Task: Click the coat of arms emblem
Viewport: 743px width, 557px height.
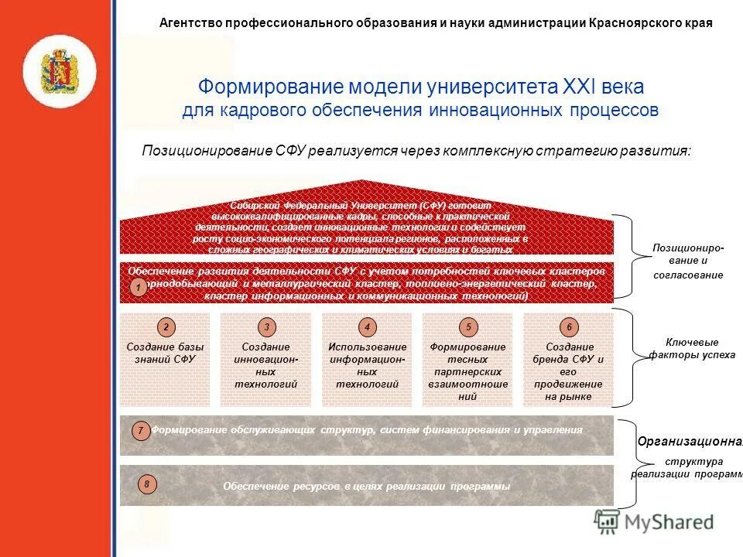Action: point(60,71)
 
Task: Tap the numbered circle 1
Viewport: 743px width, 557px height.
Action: point(137,289)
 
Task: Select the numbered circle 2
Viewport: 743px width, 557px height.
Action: point(165,327)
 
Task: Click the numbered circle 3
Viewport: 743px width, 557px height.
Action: point(265,327)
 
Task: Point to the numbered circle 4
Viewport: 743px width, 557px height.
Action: point(368,327)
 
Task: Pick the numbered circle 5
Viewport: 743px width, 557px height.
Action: point(467,327)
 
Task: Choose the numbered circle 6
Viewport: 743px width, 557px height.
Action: point(569,327)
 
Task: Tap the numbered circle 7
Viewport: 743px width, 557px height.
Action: point(140,430)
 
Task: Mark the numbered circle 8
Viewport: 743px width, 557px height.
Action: point(146,485)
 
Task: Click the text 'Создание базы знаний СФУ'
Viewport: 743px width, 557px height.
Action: point(165,354)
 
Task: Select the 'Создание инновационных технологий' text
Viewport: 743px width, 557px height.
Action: point(265,365)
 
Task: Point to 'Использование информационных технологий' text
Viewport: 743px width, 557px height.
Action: point(368,365)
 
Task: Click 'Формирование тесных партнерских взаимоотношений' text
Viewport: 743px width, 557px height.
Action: point(467,371)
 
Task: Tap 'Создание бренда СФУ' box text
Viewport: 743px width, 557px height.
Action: point(568,371)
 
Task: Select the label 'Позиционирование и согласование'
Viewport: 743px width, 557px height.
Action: point(687,261)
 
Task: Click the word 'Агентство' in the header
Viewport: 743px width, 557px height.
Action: point(190,23)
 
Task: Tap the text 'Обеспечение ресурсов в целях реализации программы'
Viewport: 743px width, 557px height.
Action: point(367,486)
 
